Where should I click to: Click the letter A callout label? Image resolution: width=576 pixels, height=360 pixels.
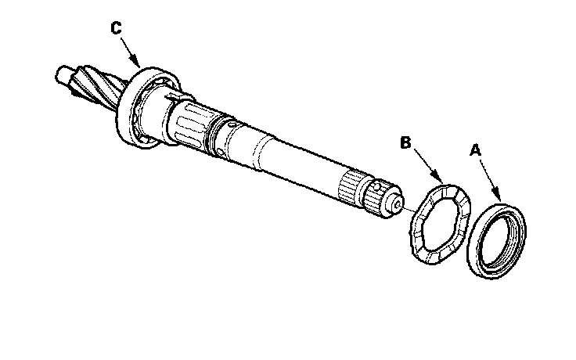coord(474,148)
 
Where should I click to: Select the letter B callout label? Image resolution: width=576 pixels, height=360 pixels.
coord(405,142)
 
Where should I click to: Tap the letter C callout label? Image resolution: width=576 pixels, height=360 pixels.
coord(116,28)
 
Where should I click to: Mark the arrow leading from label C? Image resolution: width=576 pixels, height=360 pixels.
coord(128,47)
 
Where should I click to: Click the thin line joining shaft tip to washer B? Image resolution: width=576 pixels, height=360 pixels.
coord(409,209)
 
